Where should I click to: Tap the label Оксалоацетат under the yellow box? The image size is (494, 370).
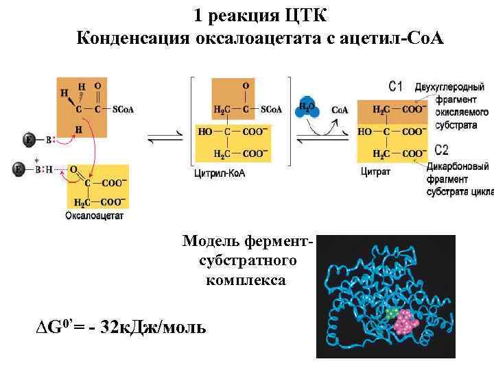coord(93,216)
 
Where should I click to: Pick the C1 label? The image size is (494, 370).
coord(396,86)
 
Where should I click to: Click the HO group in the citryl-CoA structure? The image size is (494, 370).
coord(204,131)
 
